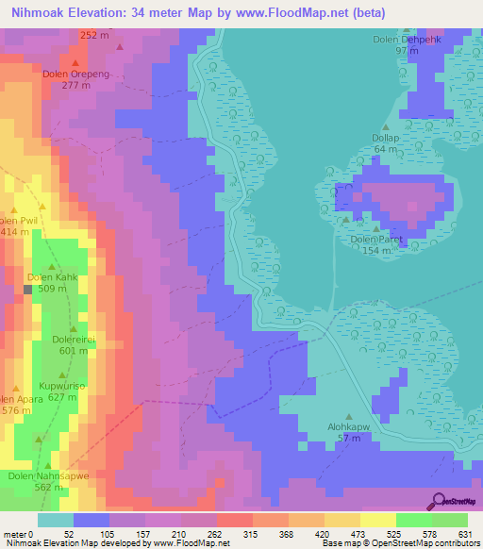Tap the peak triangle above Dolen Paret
click(376, 227)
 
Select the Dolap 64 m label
click(385, 143)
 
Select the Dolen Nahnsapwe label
click(48, 476)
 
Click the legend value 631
click(465, 534)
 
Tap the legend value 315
click(250, 534)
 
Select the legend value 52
click(71, 534)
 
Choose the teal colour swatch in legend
click(55, 520)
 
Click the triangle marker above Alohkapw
click(350, 417)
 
